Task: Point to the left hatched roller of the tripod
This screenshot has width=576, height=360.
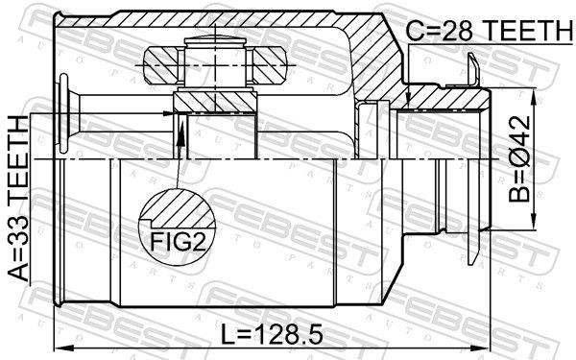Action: coord(157,65)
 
